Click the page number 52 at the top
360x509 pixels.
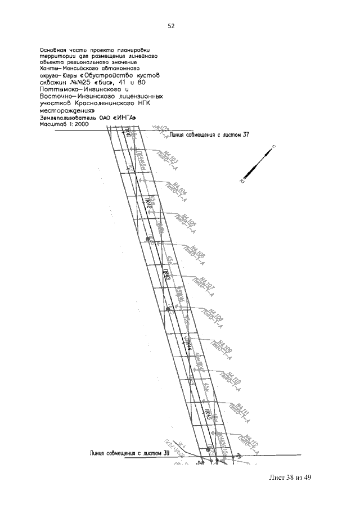[x=170, y=25]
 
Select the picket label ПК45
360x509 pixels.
[x=208, y=416]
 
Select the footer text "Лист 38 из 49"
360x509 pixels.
[x=287, y=478]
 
